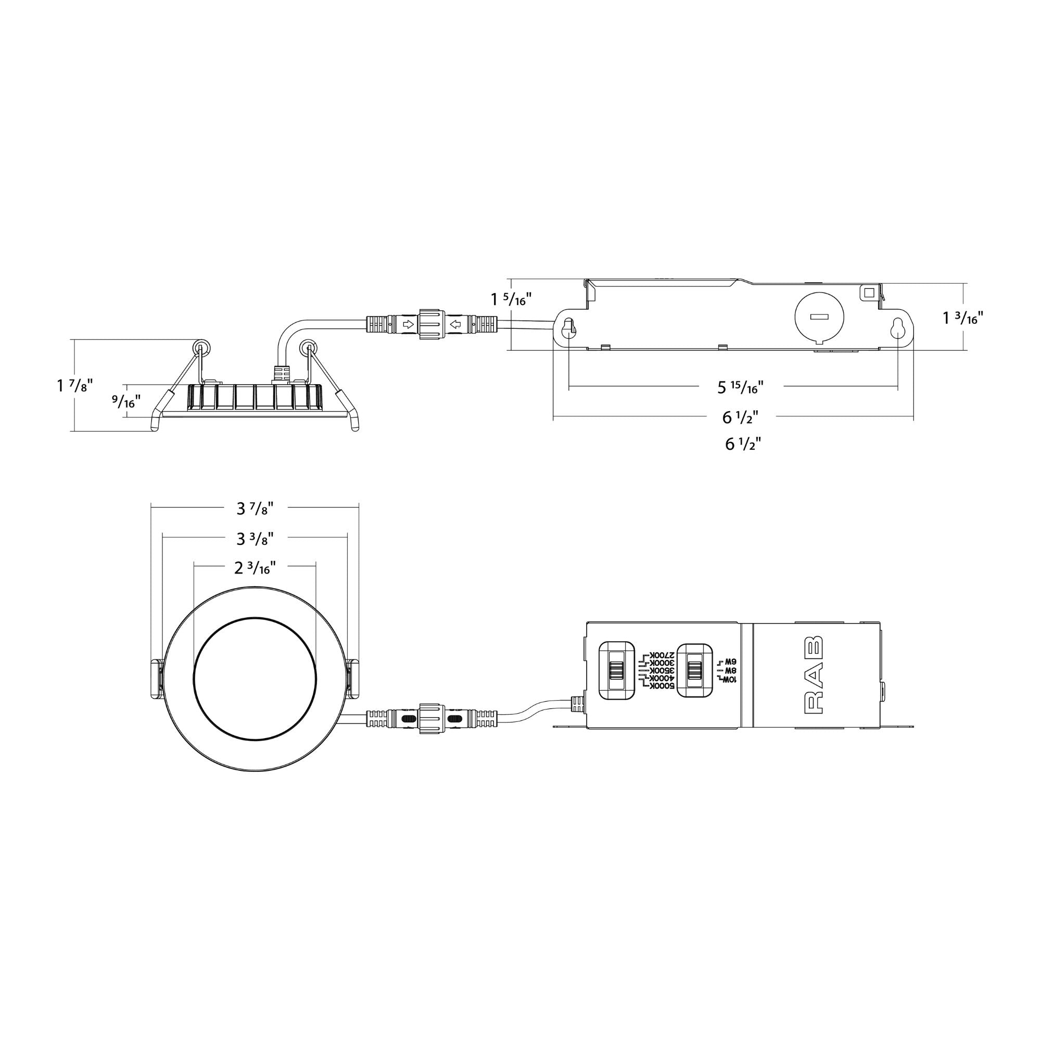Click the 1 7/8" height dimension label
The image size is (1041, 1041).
click(x=75, y=386)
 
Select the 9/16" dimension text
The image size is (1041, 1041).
click(x=126, y=401)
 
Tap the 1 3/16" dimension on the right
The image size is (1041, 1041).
click(x=963, y=318)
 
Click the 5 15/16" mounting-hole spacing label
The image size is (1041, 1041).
click(x=740, y=387)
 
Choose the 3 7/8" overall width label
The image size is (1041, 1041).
click(x=256, y=508)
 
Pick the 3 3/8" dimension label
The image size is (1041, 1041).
click(x=256, y=538)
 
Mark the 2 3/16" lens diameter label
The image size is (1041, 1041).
click(x=256, y=568)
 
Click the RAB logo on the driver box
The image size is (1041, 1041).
click(x=813, y=675)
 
